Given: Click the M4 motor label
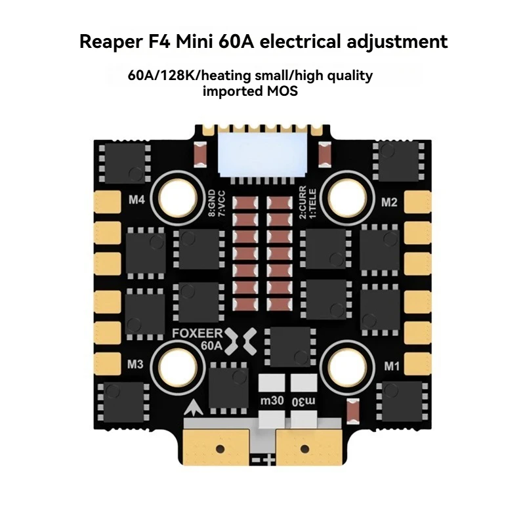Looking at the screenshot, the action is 136,200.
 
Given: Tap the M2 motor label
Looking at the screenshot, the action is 389,202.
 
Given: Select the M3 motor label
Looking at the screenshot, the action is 135,364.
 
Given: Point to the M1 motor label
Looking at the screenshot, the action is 391,366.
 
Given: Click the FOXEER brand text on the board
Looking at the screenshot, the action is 198,333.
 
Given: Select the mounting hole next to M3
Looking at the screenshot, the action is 177,367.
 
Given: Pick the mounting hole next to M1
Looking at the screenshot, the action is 347,367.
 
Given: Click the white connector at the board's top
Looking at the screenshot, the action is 262,154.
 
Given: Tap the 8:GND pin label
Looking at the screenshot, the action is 212,203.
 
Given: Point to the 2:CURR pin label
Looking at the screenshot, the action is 303,202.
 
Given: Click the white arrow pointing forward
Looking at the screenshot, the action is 193,408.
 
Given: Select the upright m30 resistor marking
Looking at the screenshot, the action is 272,400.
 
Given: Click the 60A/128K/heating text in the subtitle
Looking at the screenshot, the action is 189,76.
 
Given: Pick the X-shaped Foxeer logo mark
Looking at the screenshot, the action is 240,341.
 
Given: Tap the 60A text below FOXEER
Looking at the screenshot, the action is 211,346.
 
